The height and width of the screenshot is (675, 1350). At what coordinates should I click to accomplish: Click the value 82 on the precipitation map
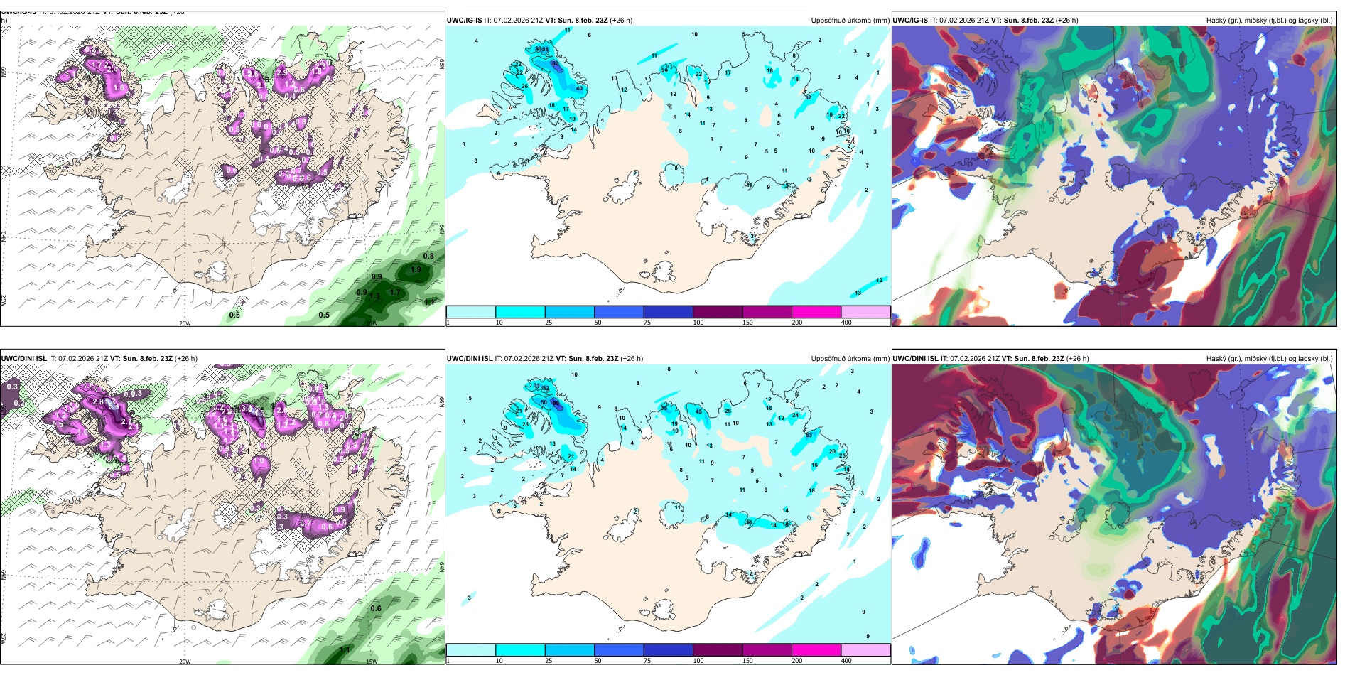[555, 63]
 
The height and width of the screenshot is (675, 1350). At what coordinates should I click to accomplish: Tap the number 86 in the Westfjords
[556, 402]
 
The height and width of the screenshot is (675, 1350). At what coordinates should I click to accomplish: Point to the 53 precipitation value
[809, 435]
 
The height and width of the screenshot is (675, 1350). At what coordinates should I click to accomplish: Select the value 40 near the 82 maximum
[579, 88]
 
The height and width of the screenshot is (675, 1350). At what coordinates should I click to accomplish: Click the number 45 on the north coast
[699, 411]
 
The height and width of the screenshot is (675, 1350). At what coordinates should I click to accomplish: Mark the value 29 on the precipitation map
[665, 70]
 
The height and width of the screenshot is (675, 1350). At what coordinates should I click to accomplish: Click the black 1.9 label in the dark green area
[416, 269]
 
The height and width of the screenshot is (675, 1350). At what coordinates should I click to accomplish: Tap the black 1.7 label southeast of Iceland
[395, 292]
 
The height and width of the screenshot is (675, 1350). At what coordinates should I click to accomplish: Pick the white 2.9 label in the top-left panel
[282, 72]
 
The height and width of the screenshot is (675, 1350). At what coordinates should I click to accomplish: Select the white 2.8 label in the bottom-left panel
[98, 401]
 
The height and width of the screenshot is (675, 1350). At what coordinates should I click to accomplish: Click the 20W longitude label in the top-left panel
[185, 323]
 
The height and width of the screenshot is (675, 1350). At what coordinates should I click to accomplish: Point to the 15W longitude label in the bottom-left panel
[371, 661]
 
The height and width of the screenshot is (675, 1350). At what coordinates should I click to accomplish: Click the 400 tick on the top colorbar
[846, 323]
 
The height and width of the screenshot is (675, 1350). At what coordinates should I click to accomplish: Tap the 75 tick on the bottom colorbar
[647, 661]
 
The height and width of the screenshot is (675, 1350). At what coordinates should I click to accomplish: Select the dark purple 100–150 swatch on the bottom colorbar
[718, 650]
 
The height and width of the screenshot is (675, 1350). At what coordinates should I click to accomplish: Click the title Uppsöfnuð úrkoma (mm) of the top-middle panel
[850, 21]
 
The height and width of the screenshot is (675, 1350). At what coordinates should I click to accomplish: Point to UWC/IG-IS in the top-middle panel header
[464, 21]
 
